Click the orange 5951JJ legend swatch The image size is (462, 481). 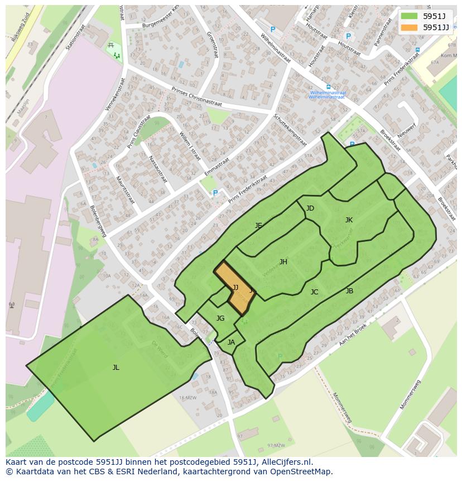(409, 27)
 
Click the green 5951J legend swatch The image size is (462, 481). (409, 16)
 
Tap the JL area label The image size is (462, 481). (116, 367)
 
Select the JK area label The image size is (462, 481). (349, 220)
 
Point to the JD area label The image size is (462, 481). (310, 208)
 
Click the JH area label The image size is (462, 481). (283, 261)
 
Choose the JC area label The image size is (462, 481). (314, 292)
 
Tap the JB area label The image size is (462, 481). (349, 290)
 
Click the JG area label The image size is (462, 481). (220, 318)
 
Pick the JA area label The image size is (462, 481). (231, 342)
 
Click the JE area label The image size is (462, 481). (258, 226)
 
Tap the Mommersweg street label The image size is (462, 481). (342, 407)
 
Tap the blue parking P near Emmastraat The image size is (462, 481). (215, 193)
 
